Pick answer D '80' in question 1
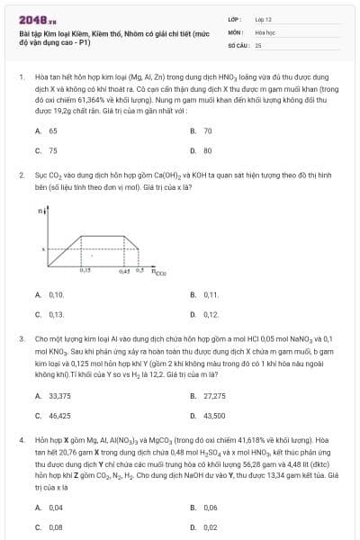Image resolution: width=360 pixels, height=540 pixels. click(207, 151)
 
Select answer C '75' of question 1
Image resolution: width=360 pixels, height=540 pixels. click(53, 151)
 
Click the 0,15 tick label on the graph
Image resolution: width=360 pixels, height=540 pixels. click(85, 269)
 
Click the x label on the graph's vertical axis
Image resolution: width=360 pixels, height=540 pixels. click(43, 248)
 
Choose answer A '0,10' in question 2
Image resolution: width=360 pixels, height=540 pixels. click(56, 294)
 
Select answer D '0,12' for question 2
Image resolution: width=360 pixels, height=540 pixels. click(211, 314)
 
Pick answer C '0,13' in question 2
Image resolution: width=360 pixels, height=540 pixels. click(56, 314)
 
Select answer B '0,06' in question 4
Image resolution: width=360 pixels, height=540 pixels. click(211, 508)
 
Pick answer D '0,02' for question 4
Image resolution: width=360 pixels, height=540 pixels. click(211, 527)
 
